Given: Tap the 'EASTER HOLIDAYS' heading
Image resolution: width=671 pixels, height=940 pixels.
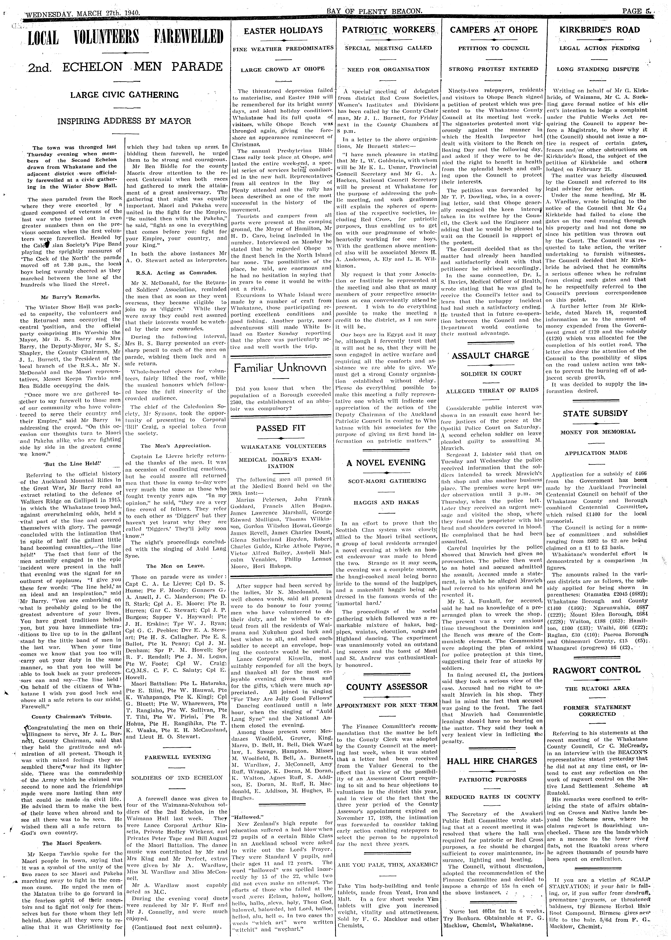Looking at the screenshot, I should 283,30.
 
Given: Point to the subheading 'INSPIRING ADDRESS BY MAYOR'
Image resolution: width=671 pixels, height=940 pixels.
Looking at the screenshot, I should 124,121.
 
